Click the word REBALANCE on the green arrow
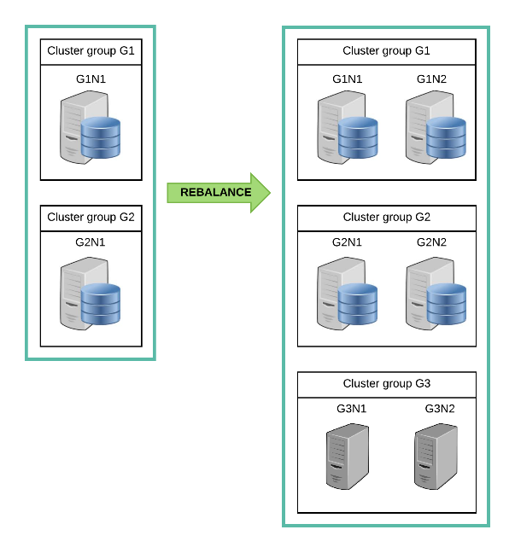coord(216,192)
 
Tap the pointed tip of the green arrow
coord(271,193)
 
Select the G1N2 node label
coord(431,79)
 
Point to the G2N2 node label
coord(431,242)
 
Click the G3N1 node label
coord(351,409)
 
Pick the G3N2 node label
coord(440,409)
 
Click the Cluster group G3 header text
coord(387,383)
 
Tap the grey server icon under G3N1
coord(348,457)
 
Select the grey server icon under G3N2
coord(436,457)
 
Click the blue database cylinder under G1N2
coord(446,137)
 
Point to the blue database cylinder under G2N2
coord(447,304)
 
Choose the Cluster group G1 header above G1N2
coord(386,51)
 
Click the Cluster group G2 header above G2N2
coord(387,218)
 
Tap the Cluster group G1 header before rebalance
coord(91,51)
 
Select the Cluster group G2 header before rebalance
coord(91,218)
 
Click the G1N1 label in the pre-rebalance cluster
coord(91,79)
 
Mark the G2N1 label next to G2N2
coord(347,242)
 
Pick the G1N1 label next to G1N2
coord(348,79)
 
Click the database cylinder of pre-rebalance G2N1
coord(101,304)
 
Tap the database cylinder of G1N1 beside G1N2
coord(358,137)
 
